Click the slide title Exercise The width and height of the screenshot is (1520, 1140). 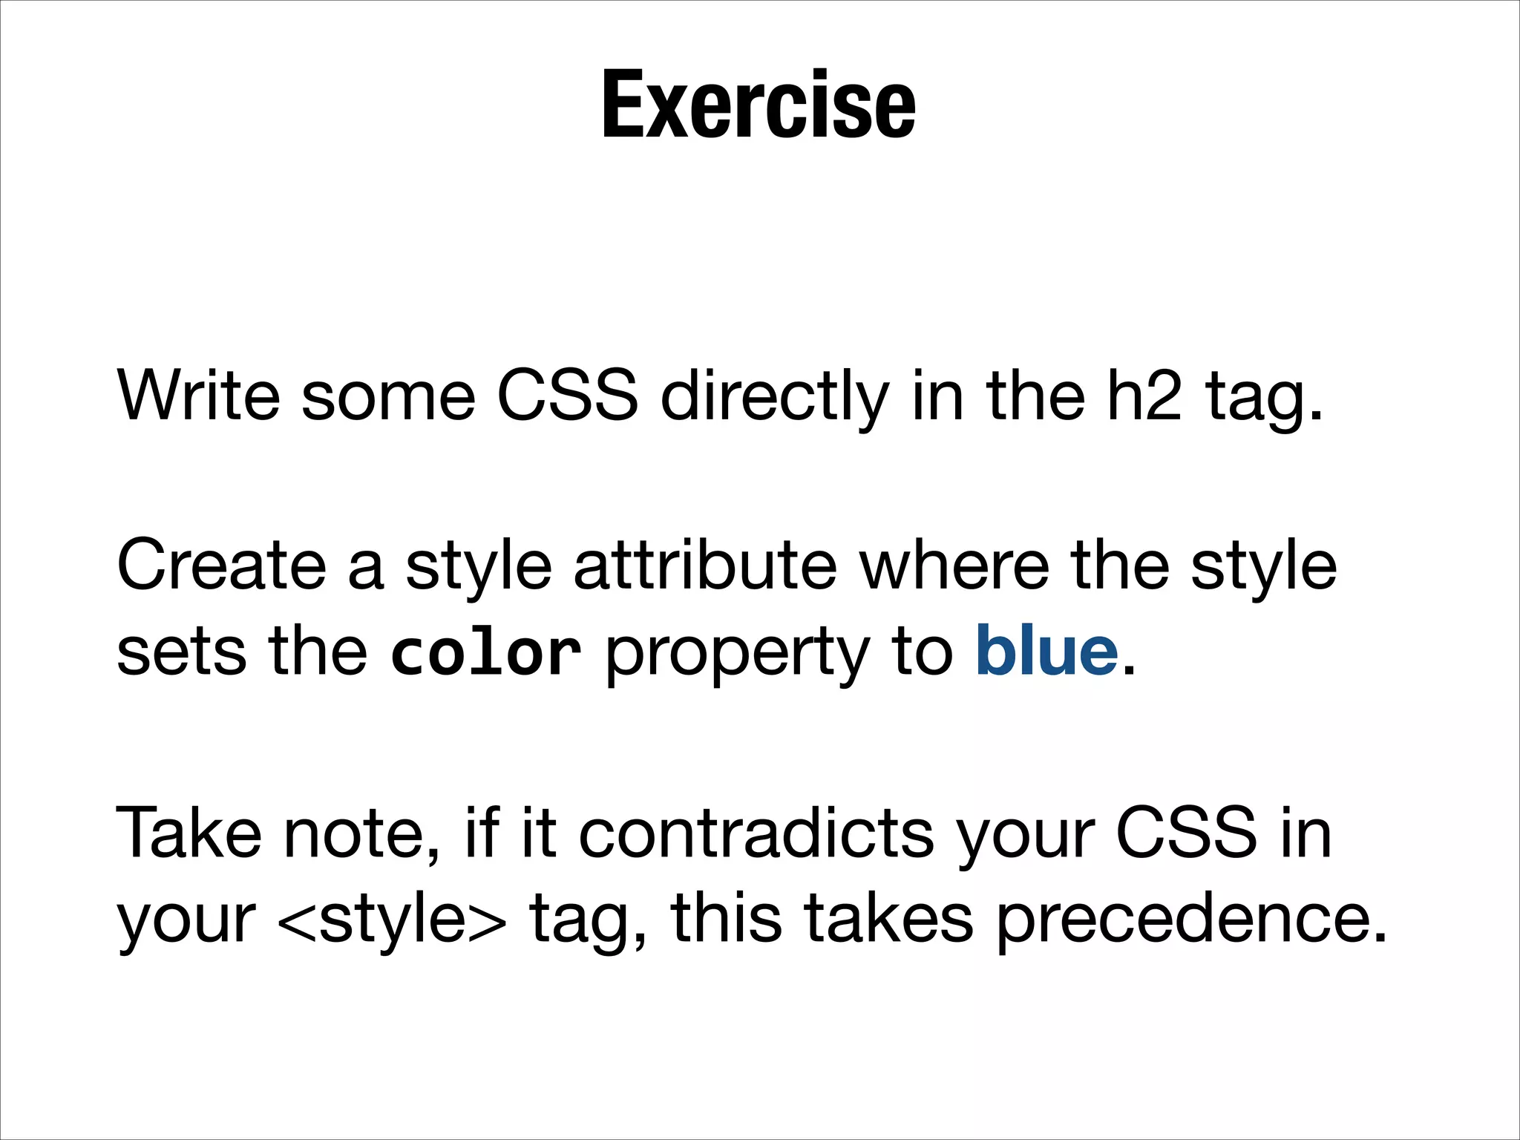coord(759,105)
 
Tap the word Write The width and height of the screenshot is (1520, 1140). coord(198,396)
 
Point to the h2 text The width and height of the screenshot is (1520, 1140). coord(1144,396)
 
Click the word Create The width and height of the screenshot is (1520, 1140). coord(221,566)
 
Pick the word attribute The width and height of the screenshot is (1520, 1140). coord(705,566)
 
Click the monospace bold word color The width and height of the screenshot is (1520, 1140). coord(485,652)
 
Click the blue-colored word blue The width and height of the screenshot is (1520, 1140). coord(1046,651)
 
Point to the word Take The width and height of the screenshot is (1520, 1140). coord(189,833)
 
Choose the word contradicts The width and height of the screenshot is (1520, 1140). coord(756,833)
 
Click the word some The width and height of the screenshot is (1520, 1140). coord(387,397)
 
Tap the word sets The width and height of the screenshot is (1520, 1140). coord(181,652)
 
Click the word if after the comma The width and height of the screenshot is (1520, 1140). coord(482,833)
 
